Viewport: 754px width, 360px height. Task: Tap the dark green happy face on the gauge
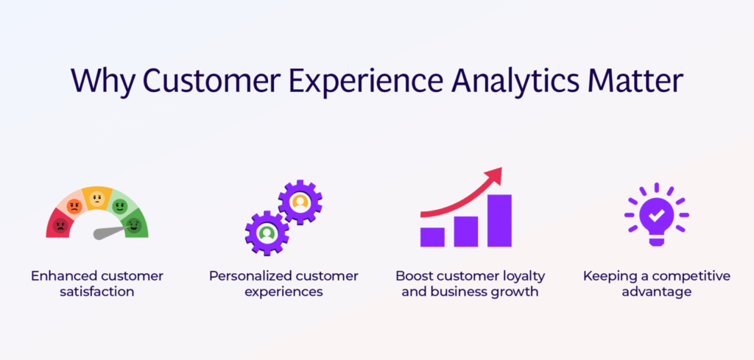(133, 225)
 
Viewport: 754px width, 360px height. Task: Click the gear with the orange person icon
(300, 200)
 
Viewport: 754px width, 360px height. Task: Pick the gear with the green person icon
(266, 233)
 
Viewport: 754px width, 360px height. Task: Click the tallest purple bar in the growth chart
(499, 220)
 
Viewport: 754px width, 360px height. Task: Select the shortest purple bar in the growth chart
(432, 236)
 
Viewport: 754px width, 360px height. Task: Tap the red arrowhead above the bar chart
(494, 176)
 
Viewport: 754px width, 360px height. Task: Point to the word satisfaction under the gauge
(96, 292)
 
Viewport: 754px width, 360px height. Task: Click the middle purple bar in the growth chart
(465, 230)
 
